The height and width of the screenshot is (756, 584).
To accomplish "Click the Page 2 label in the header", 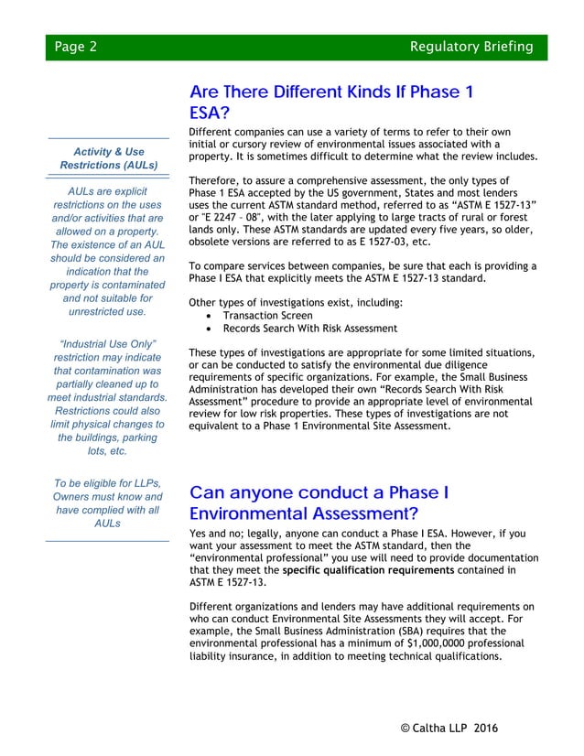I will coord(75,47).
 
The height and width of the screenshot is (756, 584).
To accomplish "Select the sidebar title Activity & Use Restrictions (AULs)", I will coord(108,157).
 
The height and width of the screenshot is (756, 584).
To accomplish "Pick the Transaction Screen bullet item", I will coord(267,315).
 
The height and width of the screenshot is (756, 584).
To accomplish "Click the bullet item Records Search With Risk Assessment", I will coord(310,328).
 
